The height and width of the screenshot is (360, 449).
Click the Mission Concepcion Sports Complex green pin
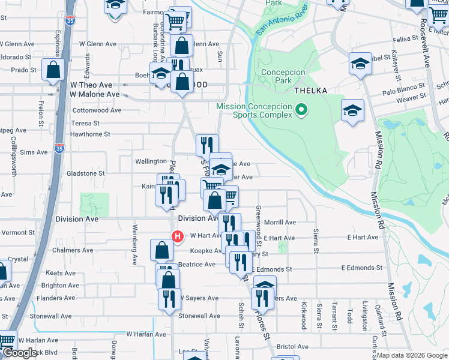click(x=302, y=110)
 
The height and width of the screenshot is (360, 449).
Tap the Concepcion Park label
click(x=283, y=76)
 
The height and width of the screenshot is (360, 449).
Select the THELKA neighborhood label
click(x=310, y=91)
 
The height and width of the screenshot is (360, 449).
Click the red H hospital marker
click(x=177, y=236)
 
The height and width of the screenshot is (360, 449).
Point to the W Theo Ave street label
click(x=91, y=85)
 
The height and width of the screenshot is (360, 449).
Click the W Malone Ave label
click(x=94, y=94)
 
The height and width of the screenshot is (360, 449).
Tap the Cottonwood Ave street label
click(x=97, y=110)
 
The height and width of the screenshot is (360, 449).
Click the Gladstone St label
click(x=85, y=173)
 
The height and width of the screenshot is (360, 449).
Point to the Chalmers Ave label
click(x=71, y=250)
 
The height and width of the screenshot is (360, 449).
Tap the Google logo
click(x=20, y=353)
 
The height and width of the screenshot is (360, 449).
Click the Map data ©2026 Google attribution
click(x=412, y=355)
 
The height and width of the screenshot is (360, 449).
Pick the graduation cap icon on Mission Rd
click(x=353, y=110)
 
